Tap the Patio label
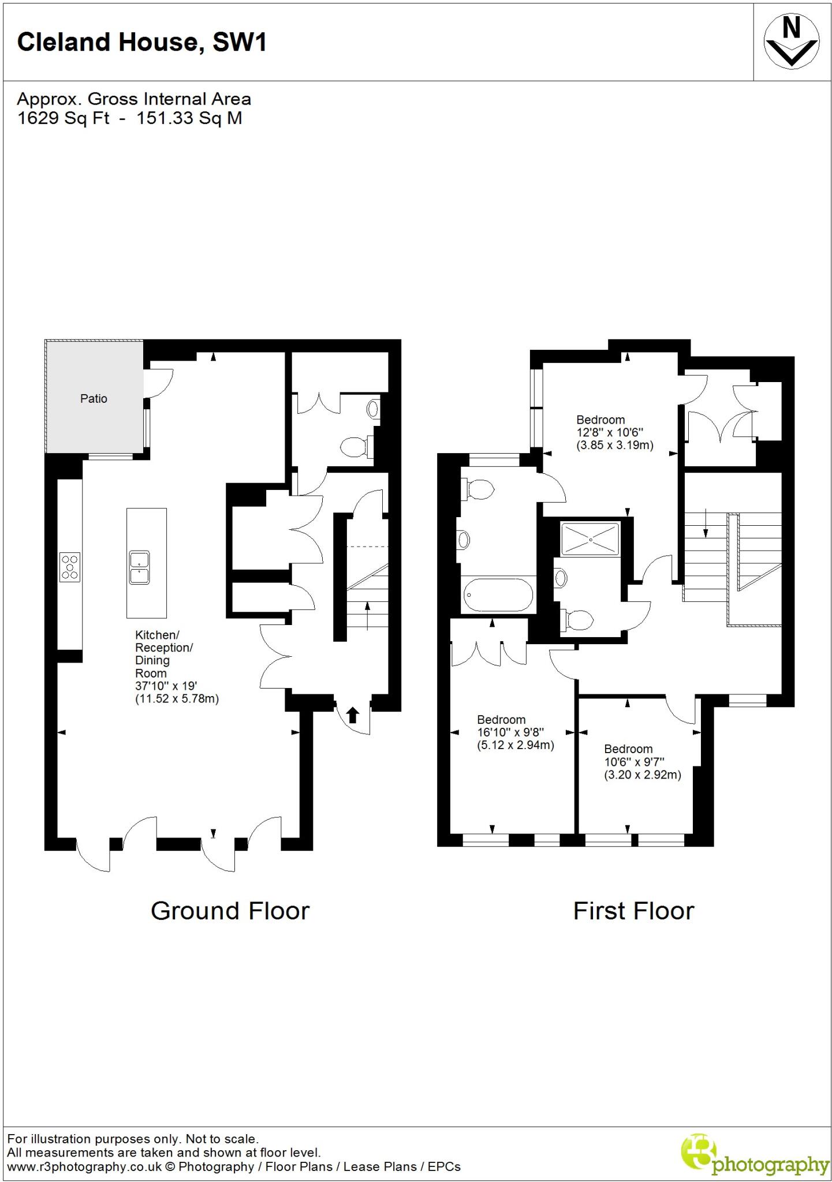tap(94, 398)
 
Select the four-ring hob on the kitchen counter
tap(70, 567)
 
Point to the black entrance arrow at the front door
tap(353, 715)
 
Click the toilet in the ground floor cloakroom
tap(353, 447)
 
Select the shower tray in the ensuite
tap(591, 538)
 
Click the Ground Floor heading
tap(230, 911)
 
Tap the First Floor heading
tap(633, 911)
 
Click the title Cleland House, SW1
tap(142, 42)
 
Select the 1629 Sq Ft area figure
tap(64, 118)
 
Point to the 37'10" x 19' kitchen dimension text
tap(166, 686)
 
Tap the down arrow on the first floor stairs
tap(706, 525)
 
